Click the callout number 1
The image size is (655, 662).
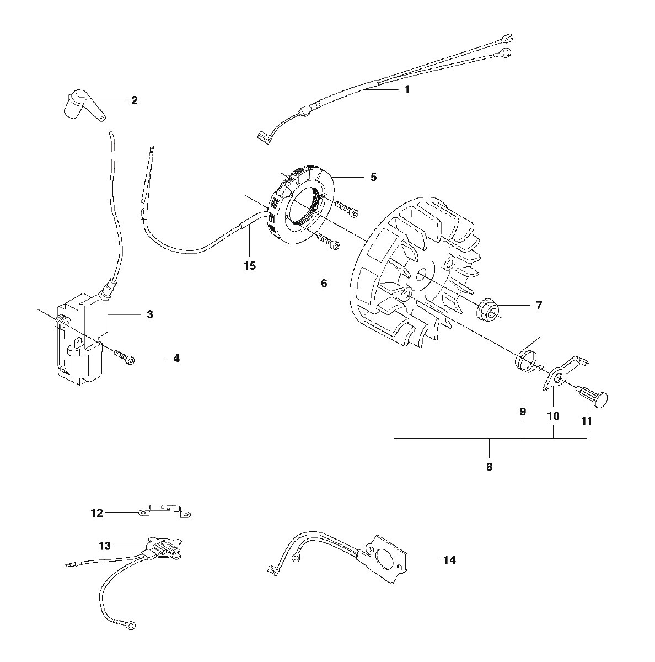(x=407, y=90)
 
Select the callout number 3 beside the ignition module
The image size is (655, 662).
(x=150, y=314)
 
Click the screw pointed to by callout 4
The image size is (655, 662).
(x=125, y=357)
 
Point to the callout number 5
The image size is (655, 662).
(x=373, y=177)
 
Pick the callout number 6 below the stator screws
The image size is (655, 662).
(x=324, y=284)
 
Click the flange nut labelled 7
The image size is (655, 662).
(x=488, y=308)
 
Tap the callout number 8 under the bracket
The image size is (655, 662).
(x=490, y=467)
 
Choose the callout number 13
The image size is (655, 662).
(x=105, y=546)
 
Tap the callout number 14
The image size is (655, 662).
(x=449, y=560)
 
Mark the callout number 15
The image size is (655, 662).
(x=250, y=265)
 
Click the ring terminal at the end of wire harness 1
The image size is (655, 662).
(x=504, y=54)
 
